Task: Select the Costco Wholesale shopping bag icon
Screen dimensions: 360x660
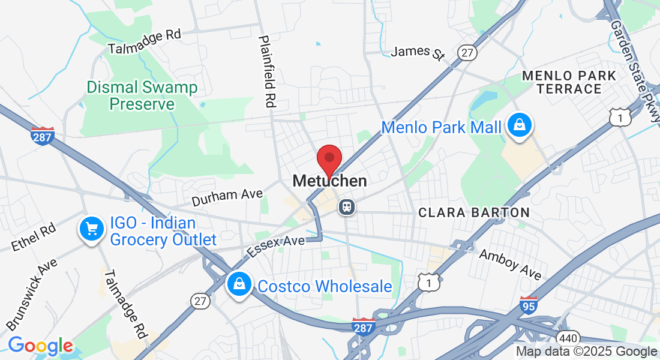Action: pyautogui.click(x=239, y=285)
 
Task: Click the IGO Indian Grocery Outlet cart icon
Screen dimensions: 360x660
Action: pyautogui.click(x=91, y=229)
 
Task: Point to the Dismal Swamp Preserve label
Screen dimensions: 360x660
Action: pyautogui.click(x=142, y=96)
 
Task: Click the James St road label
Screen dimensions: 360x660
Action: pyautogui.click(x=418, y=52)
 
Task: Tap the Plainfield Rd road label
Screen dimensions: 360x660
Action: pyautogui.click(x=267, y=71)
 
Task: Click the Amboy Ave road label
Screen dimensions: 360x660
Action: pyautogui.click(x=510, y=263)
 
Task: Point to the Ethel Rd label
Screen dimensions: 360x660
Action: pyautogui.click(x=34, y=237)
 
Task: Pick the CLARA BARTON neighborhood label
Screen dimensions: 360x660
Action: pyautogui.click(x=474, y=212)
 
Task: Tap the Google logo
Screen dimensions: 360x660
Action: pyautogui.click(x=40, y=346)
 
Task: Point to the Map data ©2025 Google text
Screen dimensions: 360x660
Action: pyautogui.click(x=587, y=352)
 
